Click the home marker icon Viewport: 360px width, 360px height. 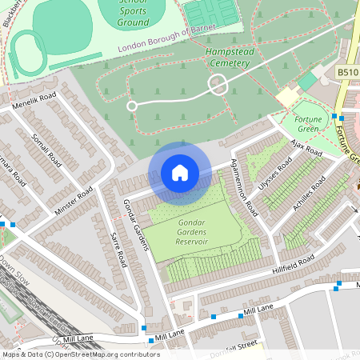click(180, 173)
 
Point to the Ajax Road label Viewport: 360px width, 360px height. click(305, 147)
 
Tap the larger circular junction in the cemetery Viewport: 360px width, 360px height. click(218, 82)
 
